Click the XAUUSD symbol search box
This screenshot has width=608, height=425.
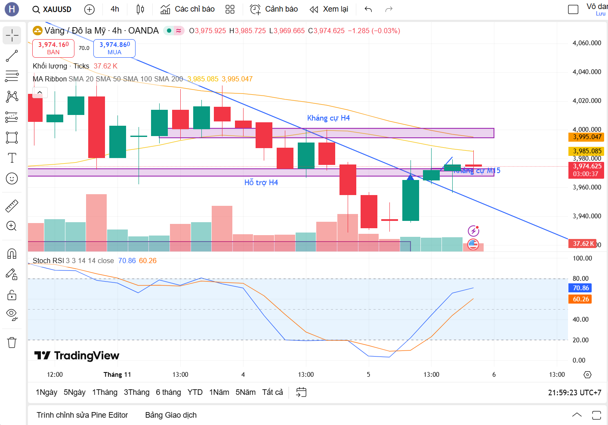52,9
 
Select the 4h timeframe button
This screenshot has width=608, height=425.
115,9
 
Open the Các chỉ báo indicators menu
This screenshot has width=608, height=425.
188,9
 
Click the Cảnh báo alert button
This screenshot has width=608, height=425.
274,9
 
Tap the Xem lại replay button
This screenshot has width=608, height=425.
329,9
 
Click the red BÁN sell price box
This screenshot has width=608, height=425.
53,48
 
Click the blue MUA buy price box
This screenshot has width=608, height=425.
114,48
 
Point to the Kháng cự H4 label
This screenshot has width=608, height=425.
328,118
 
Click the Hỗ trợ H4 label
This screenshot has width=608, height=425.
261,183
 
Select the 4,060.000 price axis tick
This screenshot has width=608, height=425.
586,43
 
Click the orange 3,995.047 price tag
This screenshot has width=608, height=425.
587,137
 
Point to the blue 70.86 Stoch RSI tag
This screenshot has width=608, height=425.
580,288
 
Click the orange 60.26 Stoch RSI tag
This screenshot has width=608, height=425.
580,299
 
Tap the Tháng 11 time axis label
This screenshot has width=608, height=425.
117,375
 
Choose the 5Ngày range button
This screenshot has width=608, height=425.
74,392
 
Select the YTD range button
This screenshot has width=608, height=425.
195,392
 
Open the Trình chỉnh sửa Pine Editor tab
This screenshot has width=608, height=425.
82,415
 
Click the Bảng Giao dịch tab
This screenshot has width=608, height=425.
171,415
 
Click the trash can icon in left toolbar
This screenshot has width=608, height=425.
12,343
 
